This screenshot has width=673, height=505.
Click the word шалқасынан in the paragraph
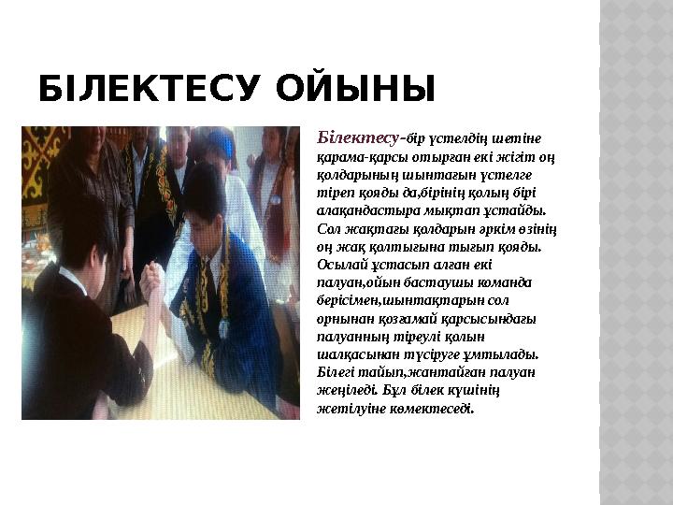click(360, 354)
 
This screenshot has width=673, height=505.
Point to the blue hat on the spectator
click(221, 142)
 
